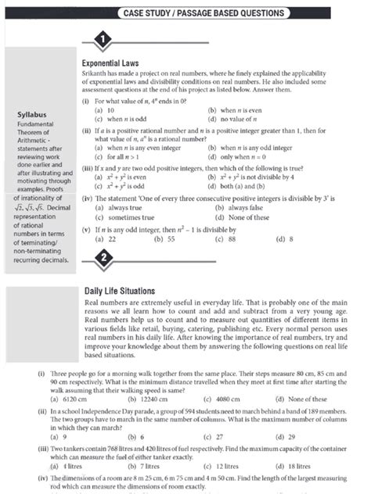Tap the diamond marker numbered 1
click(102, 41)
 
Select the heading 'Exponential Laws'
click(111, 61)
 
